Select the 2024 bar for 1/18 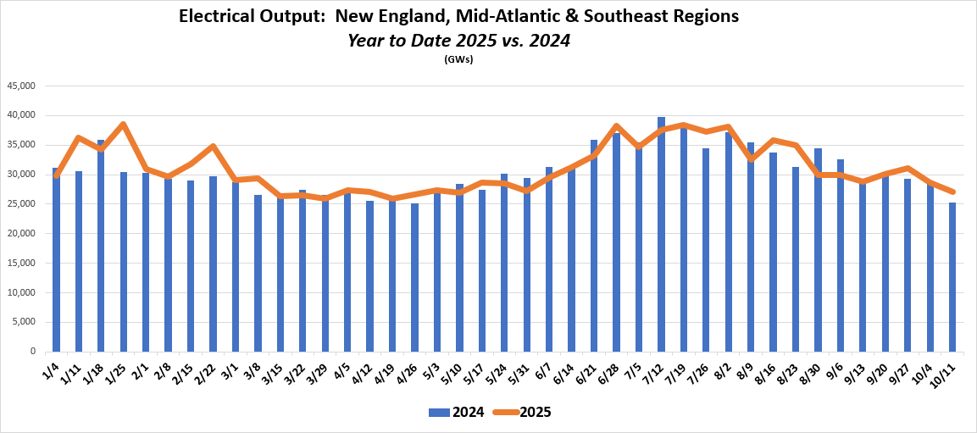[101, 246]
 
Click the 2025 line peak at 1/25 [124, 124]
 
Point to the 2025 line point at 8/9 [751, 158]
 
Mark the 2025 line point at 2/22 [213, 146]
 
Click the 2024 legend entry [457, 413]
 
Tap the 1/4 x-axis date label [53, 371]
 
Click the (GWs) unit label [458, 59]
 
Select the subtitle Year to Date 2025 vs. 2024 [458, 40]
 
